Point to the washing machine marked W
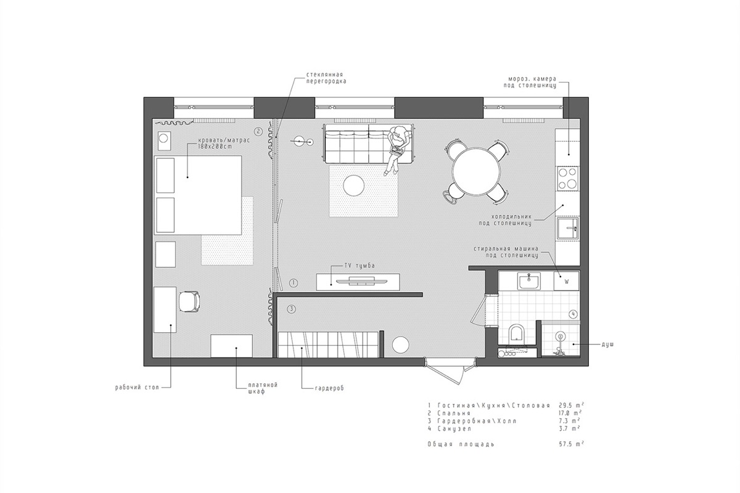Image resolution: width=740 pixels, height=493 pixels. (565, 281)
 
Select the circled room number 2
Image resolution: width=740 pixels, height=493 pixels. (258, 131)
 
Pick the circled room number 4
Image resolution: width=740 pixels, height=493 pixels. (573, 314)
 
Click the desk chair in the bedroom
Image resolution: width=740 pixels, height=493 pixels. (189, 302)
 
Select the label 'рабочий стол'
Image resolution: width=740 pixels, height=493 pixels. (137, 388)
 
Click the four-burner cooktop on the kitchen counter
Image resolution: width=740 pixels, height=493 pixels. (567, 178)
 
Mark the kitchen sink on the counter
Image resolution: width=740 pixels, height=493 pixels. (567, 229)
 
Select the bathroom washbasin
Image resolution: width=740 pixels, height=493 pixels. (528, 282)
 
